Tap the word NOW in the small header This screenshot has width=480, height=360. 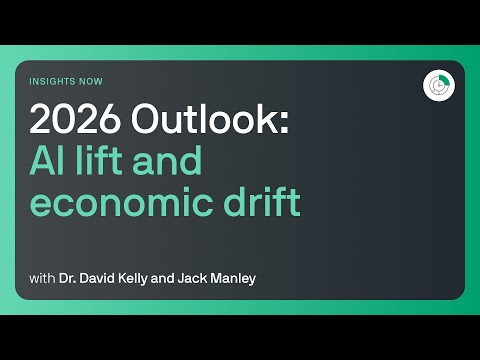[92, 81]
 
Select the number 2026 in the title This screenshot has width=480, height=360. [70, 120]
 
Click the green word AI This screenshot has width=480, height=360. [46, 160]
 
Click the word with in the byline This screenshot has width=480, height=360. [41, 277]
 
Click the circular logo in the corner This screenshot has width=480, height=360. [436, 86]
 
